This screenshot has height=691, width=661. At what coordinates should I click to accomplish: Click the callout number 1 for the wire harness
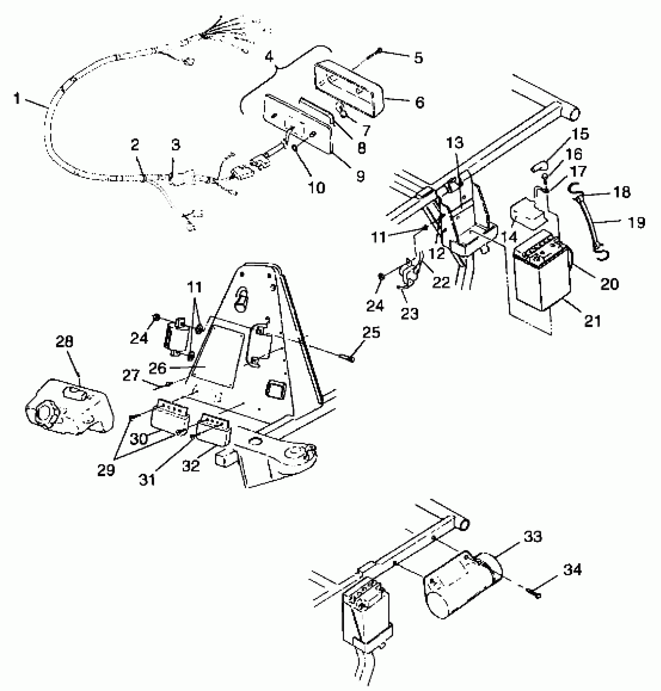point(16,99)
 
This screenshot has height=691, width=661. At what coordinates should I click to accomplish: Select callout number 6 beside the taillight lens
point(419,103)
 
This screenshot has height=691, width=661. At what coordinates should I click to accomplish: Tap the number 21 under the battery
point(593,321)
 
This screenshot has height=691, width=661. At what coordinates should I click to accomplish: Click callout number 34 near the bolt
point(572,570)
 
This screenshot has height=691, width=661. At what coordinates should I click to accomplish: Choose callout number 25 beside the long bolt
point(371,332)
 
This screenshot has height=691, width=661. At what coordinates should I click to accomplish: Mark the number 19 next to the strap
point(636,223)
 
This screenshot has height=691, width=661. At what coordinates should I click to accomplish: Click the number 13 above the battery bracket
point(455,143)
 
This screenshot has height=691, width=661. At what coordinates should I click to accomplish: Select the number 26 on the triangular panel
point(157,368)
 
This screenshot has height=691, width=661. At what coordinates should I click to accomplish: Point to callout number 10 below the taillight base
point(317,188)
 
